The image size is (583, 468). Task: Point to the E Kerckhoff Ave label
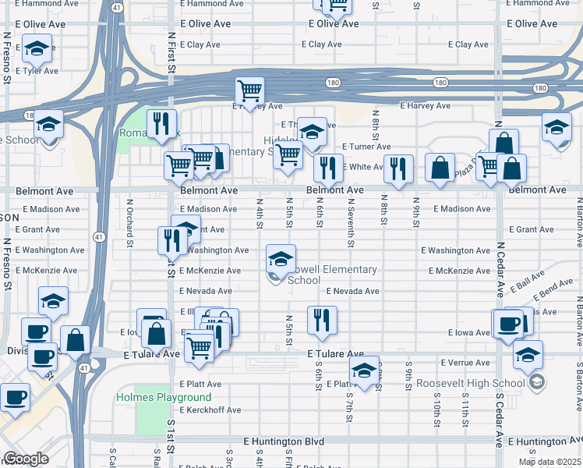[210, 409]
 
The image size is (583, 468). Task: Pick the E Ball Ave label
[528, 282]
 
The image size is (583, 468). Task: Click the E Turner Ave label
[366, 147]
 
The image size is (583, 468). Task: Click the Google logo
[26, 459]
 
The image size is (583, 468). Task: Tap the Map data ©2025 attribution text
[549, 462]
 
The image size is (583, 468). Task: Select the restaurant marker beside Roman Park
[162, 124]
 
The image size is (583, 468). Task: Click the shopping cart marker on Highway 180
[249, 90]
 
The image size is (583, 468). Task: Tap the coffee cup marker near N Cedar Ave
[508, 323]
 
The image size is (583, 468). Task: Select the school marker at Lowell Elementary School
[281, 258]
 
